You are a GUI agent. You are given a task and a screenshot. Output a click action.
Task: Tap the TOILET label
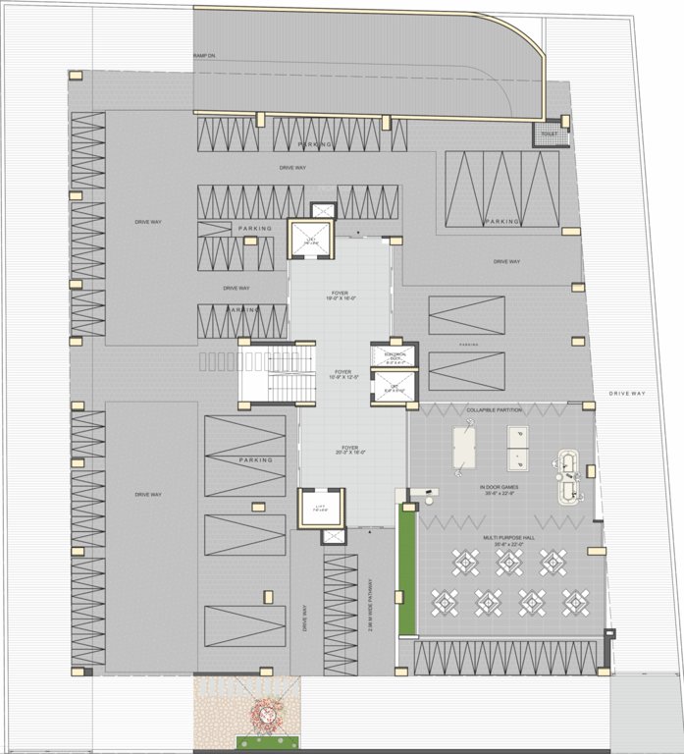pyautogui.click(x=549, y=135)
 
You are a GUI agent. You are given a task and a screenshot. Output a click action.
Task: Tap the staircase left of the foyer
pyautogui.click(x=274, y=374)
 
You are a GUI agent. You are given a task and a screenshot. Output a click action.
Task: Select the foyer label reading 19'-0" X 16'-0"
pyautogui.click(x=341, y=295)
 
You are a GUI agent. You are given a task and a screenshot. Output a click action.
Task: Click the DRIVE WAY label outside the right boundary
pyautogui.click(x=627, y=394)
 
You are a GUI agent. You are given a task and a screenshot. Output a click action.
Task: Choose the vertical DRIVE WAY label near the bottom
pyautogui.click(x=306, y=619)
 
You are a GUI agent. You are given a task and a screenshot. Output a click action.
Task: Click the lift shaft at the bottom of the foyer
pyautogui.click(x=314, y=508)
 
